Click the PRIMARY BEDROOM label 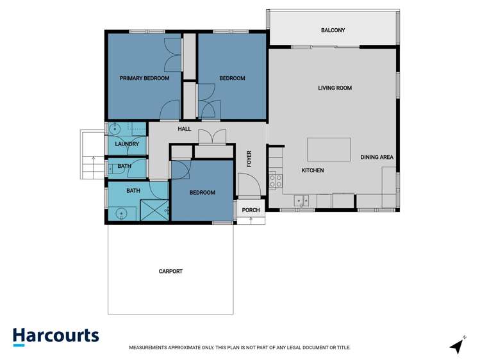pyautogui.click(x=144, y=78)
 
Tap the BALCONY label pyautogui.click(x=333, y=30)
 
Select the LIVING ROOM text pyautogui.click(x=335, y=88)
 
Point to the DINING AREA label pyautogui.click(x=376, y=157)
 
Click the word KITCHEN pyautogui.click(x=313, y=170)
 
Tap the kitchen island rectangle pyautogui.click(x=329, y=149)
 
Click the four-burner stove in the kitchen pyautogui.click(x=276, y=180)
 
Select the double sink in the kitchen pyautogui.click(x=302, y=201)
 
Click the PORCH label pyautogui.click(x=251, y=209)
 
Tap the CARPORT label pyautogui.click(x=170, y=271)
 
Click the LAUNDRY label pyautogui.click(x=127, y=144)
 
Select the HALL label pyautogui.click(x=185, y=129)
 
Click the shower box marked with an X pyautogui.click(x=154, y=209)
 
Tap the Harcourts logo pyautogui.click(x=56, y=336)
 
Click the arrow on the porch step pyautogui.click(x=251, y=220)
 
